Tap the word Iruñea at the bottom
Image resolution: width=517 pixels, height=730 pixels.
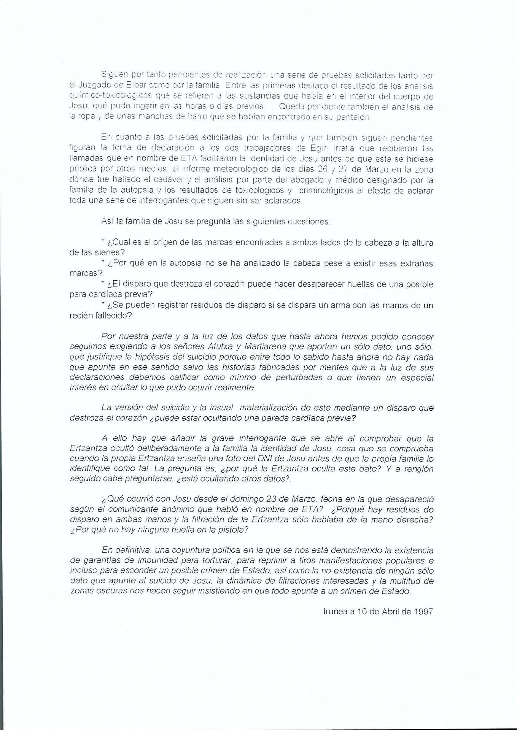335,612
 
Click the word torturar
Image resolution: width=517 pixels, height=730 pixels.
218,560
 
